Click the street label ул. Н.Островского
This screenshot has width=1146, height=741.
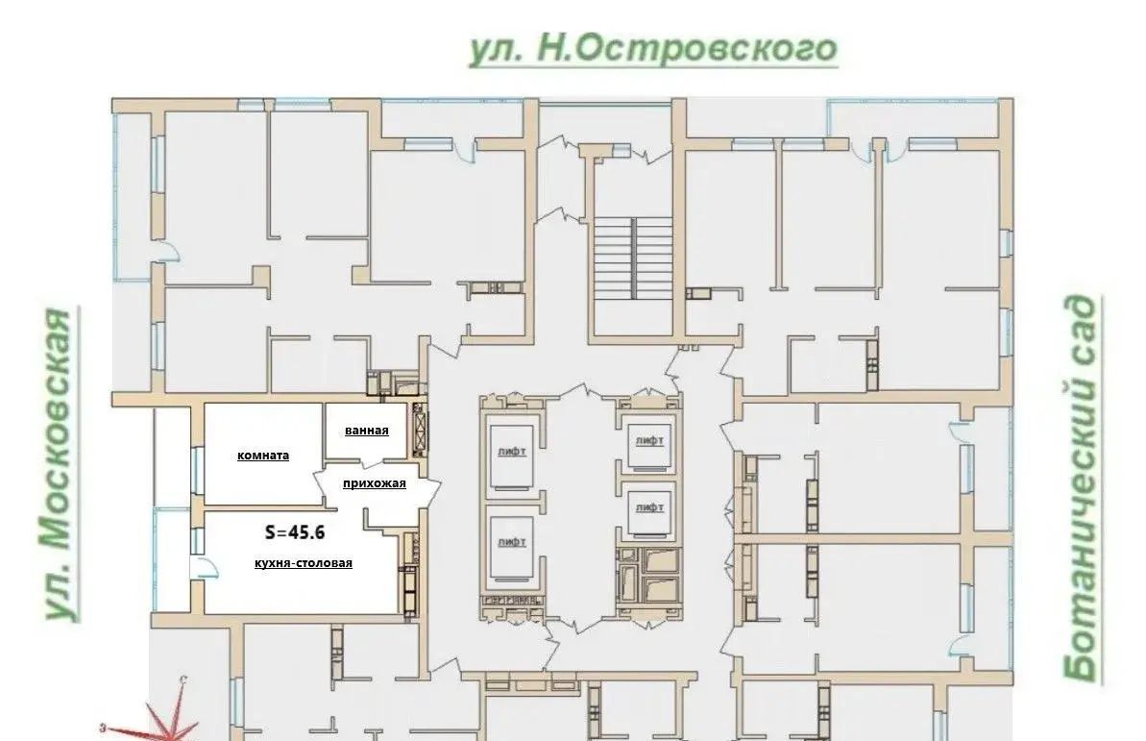pos(652,49)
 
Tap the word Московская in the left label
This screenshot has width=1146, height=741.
pos(56,430)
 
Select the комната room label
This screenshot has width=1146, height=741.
pos(263,455)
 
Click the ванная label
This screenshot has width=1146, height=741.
pos(367,431)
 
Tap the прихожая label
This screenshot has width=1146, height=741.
pos(375,482)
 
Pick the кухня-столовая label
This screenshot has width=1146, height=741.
pos(304,562)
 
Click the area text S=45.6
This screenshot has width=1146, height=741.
pos(295,531)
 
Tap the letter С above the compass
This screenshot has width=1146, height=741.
pos(183,679)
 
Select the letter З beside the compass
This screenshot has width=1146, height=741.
pos(104,728)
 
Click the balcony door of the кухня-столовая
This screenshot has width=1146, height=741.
pos(204,567)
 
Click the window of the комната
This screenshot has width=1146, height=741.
pos(196,468)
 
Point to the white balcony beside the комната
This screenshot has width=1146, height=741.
pos(173,457)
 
